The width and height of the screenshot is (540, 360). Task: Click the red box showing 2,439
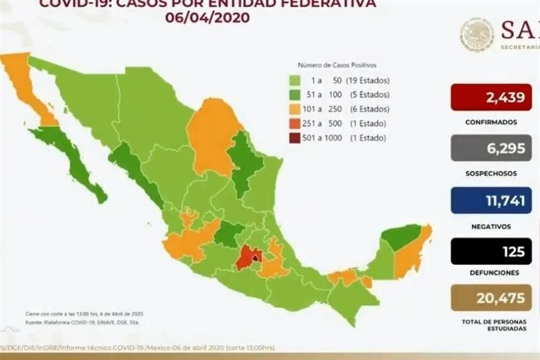tap(491, 97)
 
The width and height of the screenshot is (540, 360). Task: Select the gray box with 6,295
tap(491, 148)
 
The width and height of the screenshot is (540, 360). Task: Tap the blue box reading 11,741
tap(491, 200)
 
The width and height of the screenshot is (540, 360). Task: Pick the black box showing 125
tap(491, 251)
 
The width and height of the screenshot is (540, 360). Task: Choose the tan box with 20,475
tap(491, 298)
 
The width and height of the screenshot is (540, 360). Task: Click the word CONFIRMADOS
tap(491, 122)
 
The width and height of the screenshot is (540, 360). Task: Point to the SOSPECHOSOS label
tap(491, 174)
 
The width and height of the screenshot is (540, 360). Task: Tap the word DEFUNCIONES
tap(491, 272)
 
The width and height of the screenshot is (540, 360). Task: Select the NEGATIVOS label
tap(491, 227)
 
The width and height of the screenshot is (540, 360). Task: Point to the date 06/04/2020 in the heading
tap(208, 17)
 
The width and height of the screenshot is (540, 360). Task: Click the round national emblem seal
tap(476, 34)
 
